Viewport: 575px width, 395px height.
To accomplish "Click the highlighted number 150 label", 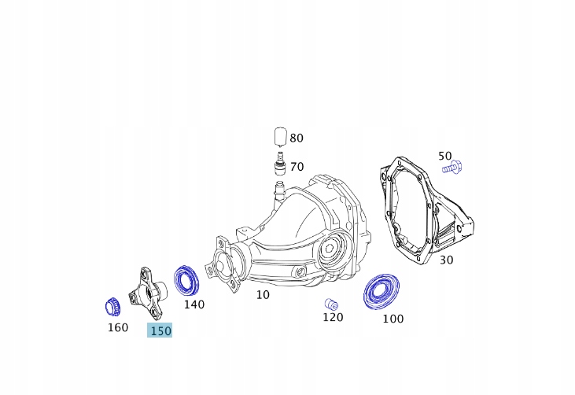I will [160, 331].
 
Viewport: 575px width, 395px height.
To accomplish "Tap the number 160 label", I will [117, 327].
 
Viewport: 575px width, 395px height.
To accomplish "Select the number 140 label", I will [194, 305].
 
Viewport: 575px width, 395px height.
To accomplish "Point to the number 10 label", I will [263, 294].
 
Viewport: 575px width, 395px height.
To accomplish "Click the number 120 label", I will [333, 317].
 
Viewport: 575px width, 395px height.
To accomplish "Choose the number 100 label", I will [393, 319].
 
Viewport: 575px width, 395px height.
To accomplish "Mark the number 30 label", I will [446, 260].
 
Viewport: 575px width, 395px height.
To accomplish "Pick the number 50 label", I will [444, 156].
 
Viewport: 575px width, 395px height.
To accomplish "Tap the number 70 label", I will [297, 167].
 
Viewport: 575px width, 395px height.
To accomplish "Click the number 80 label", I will [297, 138].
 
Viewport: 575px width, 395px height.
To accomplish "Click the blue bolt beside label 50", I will [452, 167].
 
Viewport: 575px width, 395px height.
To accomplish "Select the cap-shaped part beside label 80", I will [279, 136].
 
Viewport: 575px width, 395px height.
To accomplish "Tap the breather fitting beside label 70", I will [278, 166].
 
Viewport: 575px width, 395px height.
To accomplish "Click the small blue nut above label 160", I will [112, 305].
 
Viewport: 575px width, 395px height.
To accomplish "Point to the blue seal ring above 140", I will [187, 281].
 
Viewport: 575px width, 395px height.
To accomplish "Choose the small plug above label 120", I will [331, 304].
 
